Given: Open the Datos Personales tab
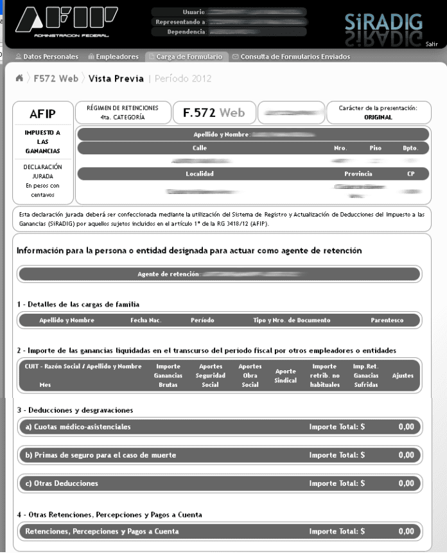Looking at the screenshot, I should (x=47, y=57).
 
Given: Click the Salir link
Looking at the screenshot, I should (x=432, y=44).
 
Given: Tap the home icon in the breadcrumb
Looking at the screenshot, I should (x=19, y=78).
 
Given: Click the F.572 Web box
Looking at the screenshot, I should (x=213, y=112).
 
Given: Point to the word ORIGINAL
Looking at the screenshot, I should (x=378, y=118).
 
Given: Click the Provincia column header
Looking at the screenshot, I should (x=358, y=174).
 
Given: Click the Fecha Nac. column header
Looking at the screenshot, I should (x=146, y=320).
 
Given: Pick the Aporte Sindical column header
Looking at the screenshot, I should (x=285, y=375).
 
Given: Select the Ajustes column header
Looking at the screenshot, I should (x=403, y=375).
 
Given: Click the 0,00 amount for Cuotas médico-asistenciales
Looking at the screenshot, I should (x=406, y=426).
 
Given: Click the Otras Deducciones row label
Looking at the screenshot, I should (x=62, y=483).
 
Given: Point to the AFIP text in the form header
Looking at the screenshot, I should (x=42, y=114).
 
